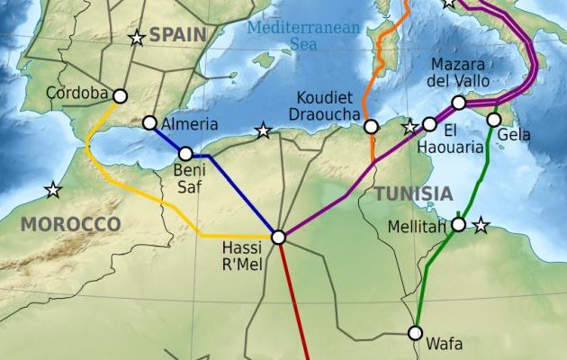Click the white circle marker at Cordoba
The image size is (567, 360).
tap(120, 94)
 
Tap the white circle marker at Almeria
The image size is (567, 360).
tap(149, 123)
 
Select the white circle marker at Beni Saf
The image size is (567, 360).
tap(185, 154)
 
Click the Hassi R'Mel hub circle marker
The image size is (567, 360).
tap(278, 237)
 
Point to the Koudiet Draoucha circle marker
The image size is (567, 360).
tap(371, 127)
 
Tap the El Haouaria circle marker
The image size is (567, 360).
tap(429, 124)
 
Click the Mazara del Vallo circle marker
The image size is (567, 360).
tap(459, 103)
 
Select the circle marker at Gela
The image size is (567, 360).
tap(493, 120)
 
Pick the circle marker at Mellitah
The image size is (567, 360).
tap(458, 224)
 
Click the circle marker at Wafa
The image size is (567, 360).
tap(415, 333)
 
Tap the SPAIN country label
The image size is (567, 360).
tap(177, 35)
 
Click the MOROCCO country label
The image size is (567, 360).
tap(70, 223)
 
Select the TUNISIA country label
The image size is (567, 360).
tap(413, 193)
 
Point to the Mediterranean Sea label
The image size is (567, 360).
tap(303, 35)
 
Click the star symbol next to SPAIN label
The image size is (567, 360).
tap(137, 38)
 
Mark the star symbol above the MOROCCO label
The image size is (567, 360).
tap(53, 190)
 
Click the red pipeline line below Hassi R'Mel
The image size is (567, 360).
tap(294, 306)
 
